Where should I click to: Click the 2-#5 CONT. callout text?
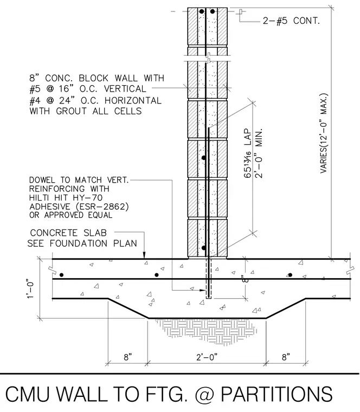[291, 21]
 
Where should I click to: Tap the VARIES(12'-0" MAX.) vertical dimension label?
[324, 133]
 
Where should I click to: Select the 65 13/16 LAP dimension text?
[248, 153]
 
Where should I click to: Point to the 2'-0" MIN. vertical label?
[259, 153]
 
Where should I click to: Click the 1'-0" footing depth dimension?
[31, 289]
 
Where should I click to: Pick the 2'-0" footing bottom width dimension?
[207, 357]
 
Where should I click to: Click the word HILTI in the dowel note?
[40, 197]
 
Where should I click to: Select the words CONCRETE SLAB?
[68, 233]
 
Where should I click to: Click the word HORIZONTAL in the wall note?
[133, 100]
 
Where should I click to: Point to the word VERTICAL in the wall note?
[125, 88]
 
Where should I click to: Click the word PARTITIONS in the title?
[276, 394]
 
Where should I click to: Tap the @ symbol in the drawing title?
[204, 394]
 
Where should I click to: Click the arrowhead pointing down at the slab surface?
[144, 255]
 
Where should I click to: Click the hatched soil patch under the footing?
[205, 328]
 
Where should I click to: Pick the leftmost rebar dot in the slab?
[61, 275]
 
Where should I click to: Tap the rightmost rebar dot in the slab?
[290, 275]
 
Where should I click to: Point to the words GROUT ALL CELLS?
[99, 111]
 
